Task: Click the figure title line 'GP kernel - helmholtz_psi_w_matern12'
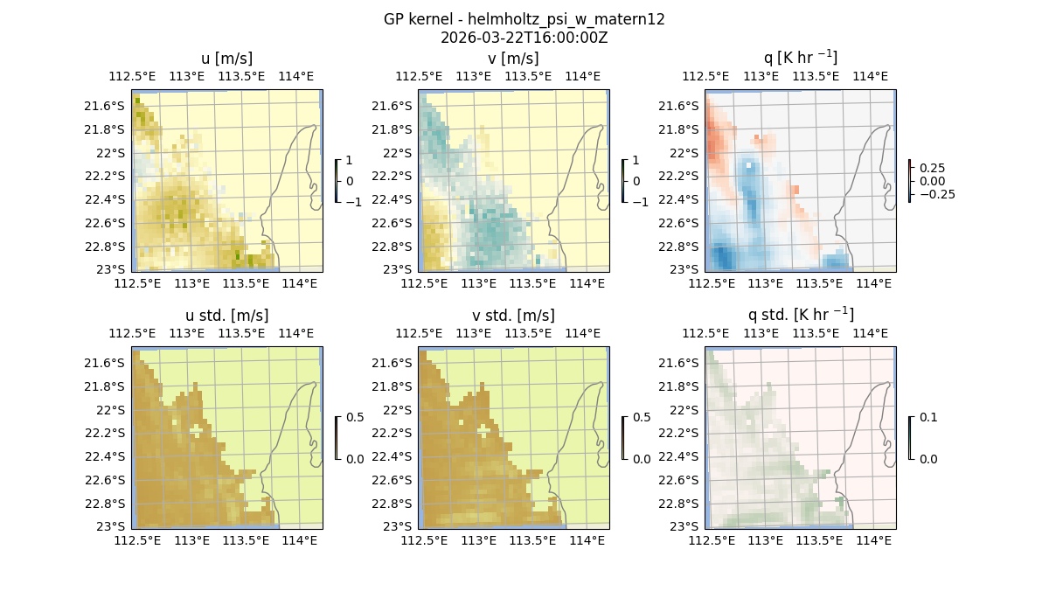524,19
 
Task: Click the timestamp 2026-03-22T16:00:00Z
524,38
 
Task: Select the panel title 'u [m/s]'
226,59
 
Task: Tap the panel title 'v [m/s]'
513,59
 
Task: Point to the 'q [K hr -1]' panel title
800,58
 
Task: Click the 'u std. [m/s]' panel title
226,316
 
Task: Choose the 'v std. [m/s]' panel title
513,316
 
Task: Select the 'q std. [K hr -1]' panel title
800,315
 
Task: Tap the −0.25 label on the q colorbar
936,194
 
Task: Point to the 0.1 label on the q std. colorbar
927,418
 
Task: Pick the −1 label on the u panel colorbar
353,202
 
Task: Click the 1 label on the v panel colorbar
636,161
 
